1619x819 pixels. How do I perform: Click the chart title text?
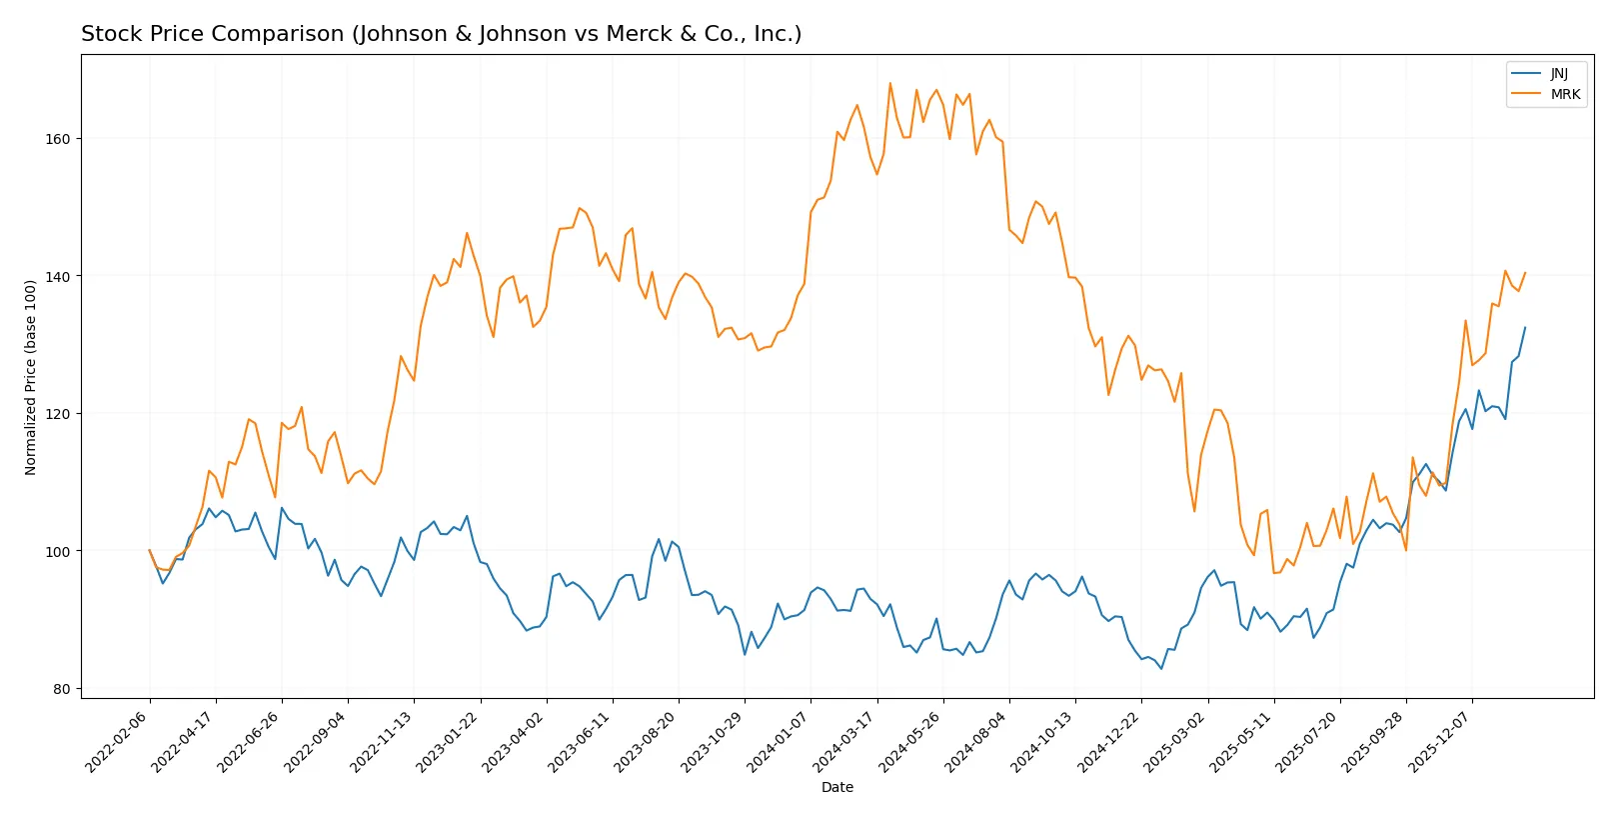(441, 34)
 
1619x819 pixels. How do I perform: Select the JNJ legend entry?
(1558, 74)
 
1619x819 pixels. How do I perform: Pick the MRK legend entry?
(1564, 95)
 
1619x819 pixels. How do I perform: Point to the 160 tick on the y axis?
(58, 139)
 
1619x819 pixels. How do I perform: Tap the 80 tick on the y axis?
(62, 689)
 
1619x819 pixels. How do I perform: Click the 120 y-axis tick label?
(58, 414)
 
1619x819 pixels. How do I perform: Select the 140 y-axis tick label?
(58, 276)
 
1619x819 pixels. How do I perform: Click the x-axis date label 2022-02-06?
(118, 741)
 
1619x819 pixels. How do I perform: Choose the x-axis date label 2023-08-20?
(648, 741)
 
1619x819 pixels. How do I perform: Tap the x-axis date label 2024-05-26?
(911, 741)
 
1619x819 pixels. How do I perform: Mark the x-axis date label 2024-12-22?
(1110, 741)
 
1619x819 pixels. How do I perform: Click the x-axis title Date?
(836, 788)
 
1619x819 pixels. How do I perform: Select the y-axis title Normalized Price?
(31, 377)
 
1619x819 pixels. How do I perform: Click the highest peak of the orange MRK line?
(889, 83)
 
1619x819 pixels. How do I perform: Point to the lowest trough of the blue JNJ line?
(1161, 669)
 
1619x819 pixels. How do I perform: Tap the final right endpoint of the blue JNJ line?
(1525, 327)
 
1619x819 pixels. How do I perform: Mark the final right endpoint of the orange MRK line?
(1525, 272)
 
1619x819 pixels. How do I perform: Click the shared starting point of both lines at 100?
(150, 550)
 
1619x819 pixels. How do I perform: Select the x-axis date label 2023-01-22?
(449, 741)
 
